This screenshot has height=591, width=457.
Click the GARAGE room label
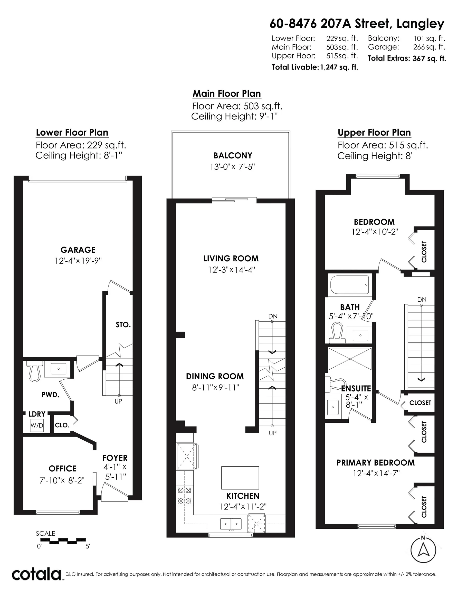pyautogui.click(x=78, y=250)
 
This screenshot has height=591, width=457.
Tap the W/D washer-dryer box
pyautogui.click(x=36, y=425)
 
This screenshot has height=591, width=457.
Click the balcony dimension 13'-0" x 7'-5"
pyautogui.click(x=232, y=167)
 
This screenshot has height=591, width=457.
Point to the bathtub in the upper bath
pyautogui.click(x=349, y=285)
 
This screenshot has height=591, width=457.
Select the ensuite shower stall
pyautogui.click(x=350, y=359)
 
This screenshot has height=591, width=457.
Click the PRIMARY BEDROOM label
pyautogui.click(x=375, y=462)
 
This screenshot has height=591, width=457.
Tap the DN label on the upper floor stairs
pyautogui.click(x=422, y=300)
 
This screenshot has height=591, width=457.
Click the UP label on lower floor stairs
pyautogui.click(x=118, y=401)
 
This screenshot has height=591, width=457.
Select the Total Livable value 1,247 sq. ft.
pyautogui.click(x=339, y=67)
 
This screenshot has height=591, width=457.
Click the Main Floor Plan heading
pyautogui.click(x=227, y=94)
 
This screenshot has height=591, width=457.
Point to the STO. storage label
pyautogui.click(x=123, y=325)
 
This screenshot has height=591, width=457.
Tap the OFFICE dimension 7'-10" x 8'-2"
pyautogui.click(x=62, y=481)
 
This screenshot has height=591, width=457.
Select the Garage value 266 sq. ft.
pyautogui.click(x=429, y=47)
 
